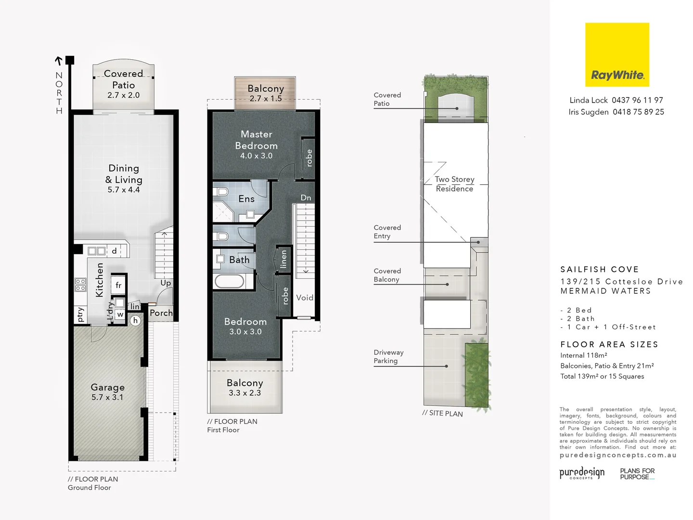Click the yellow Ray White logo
pos(617,55)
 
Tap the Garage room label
pos(108,388)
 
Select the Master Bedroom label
pos(256,140)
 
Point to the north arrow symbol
pos(59,61)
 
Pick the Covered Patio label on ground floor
pos(123,79)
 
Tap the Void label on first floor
pos(305,298)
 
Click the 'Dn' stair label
pos(306,198)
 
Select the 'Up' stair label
pos(166,283)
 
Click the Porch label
pos(161,313)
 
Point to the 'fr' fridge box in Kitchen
pos(118,286)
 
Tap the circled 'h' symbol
pos(136,321)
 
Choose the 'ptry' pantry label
pos(80,314)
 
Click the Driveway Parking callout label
pos(388,357)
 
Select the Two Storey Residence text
pos(455,184)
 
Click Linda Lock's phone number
pos(637,100)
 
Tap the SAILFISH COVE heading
pos(600,270)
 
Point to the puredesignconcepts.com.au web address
pos(618,455)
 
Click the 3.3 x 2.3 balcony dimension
pos(244,393)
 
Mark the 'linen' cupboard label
pos(283,259)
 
